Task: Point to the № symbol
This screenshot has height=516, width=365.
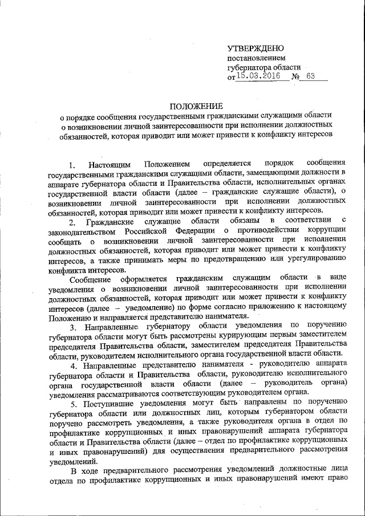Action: pyautogui.click(x=295, y=77)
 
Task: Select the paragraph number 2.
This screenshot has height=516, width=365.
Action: pyautogui.click(x=71, y=222)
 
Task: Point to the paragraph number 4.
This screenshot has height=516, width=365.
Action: pyautogui.click(x=72, y=364)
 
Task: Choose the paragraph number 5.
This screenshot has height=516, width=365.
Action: pyautogui.click(x=72, y=403)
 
